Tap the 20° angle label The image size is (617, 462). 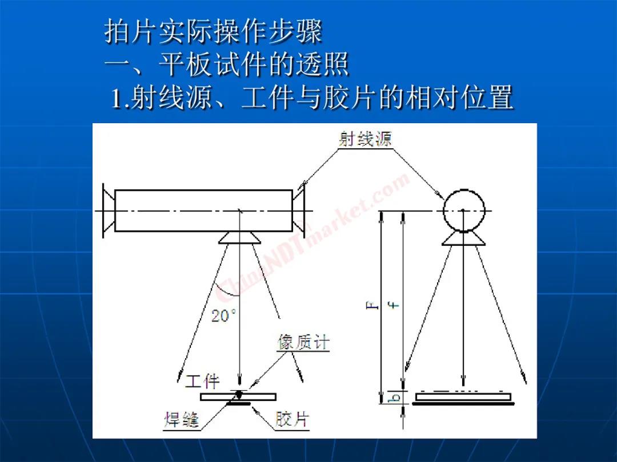point(223,315)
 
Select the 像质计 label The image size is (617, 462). point(303,343)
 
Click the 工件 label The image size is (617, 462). point(203,380)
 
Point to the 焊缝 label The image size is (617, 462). point(182,420)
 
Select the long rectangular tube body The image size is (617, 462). point(203,210)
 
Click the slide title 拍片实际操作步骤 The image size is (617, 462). point(213,31)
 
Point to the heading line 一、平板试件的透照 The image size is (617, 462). point(227,64)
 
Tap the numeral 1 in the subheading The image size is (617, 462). point(116,98)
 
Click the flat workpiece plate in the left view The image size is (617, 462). point(238,397)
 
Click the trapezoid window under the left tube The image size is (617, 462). point(239,237)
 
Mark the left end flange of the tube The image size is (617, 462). point(109,210)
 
